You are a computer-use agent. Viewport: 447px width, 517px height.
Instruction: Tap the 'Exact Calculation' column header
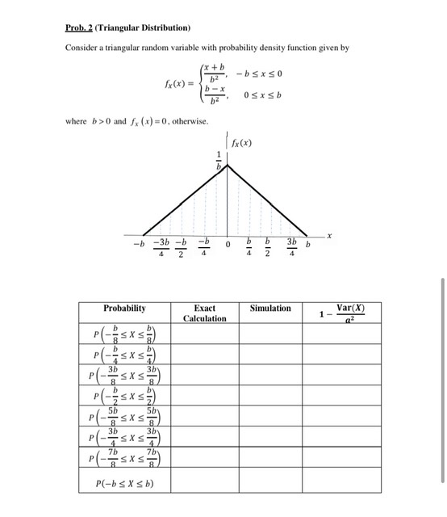[x=205, y=313]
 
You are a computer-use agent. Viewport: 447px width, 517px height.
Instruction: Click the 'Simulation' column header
[x=270, y=308]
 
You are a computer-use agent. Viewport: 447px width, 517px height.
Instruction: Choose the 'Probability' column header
[x=124, y=308]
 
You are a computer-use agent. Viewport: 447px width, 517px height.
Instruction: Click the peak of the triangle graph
[x=228, y=165]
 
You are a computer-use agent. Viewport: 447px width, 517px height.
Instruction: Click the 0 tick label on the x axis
[x=228, y=244]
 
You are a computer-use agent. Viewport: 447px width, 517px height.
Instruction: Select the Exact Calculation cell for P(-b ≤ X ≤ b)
[x=205, y=485]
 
